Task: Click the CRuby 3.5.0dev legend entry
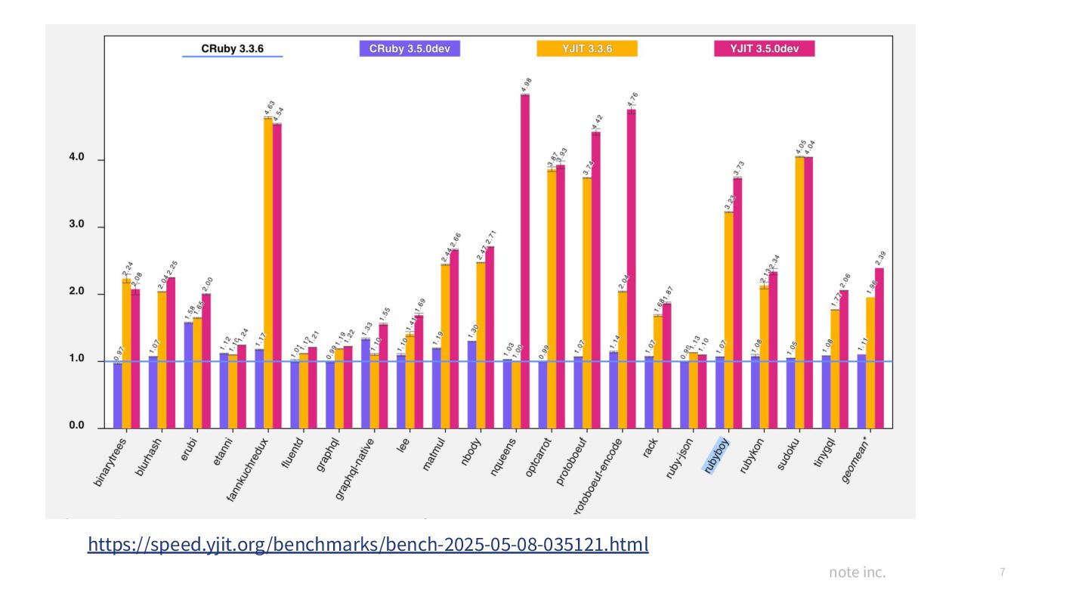(410, 49)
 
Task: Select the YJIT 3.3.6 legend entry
(587, 49)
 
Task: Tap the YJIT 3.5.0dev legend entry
(764, 49)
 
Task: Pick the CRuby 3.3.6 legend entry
(232, 49)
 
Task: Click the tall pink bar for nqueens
(525, 261)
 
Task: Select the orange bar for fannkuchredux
(268, 272)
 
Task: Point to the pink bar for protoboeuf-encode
(632, 268)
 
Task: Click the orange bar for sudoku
(799, 292)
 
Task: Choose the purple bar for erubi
(188, 375)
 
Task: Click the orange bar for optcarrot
(552, 298)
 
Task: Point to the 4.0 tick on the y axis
(76, 159)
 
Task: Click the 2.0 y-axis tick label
(76, 292)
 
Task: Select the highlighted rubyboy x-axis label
(716, 456)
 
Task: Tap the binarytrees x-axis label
(111, 461)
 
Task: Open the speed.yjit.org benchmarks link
(368, 544)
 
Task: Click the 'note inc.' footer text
(857, 572)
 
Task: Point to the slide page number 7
(1002, 572)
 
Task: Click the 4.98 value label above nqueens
(527, 84)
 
